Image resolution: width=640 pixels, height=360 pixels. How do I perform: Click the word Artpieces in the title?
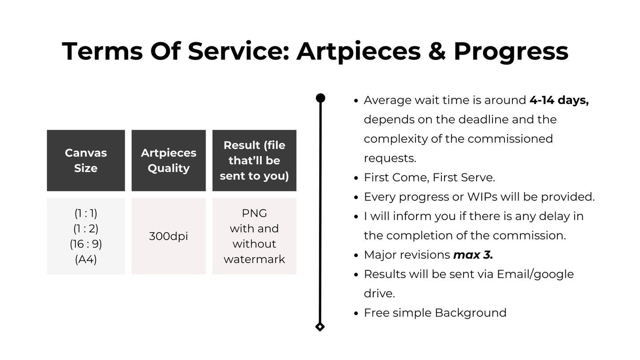coord(359,52)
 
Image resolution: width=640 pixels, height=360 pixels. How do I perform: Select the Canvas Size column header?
coord(86,160)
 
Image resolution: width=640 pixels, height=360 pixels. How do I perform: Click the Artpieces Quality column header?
coord(168,160)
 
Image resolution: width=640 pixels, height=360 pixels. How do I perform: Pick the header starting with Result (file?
coord(254,160)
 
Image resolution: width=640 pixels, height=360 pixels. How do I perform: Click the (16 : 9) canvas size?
coord(86,244)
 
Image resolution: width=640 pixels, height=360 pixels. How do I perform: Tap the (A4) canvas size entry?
coord(86,260)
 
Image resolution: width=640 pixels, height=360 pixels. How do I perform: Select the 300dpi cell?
coord(168,236)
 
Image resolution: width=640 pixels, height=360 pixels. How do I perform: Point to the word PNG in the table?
coord(254,213)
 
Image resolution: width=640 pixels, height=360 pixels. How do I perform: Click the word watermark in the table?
coord(254,260)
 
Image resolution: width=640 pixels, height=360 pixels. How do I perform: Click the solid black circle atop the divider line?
coord(320,98)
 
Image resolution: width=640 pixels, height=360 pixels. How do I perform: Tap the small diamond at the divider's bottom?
coord(320,327)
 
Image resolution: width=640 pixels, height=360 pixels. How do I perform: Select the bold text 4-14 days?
coord(559,100)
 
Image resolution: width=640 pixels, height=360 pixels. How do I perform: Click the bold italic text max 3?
coord(473,255)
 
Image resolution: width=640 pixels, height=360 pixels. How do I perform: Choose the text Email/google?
coord(536,274)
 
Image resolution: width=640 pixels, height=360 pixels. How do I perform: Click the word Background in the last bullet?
coord(471,313)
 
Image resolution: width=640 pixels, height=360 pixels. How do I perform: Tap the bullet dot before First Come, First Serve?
coord(356,178)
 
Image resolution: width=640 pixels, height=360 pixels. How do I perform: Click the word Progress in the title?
coord(511,52)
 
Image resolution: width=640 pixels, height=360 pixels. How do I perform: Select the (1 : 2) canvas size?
coord(86,228)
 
